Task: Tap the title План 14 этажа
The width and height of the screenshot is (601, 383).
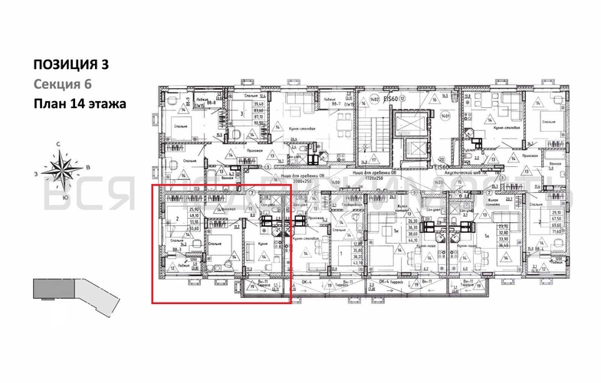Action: point(77,103)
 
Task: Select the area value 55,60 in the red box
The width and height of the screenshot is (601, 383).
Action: point(173,228)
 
